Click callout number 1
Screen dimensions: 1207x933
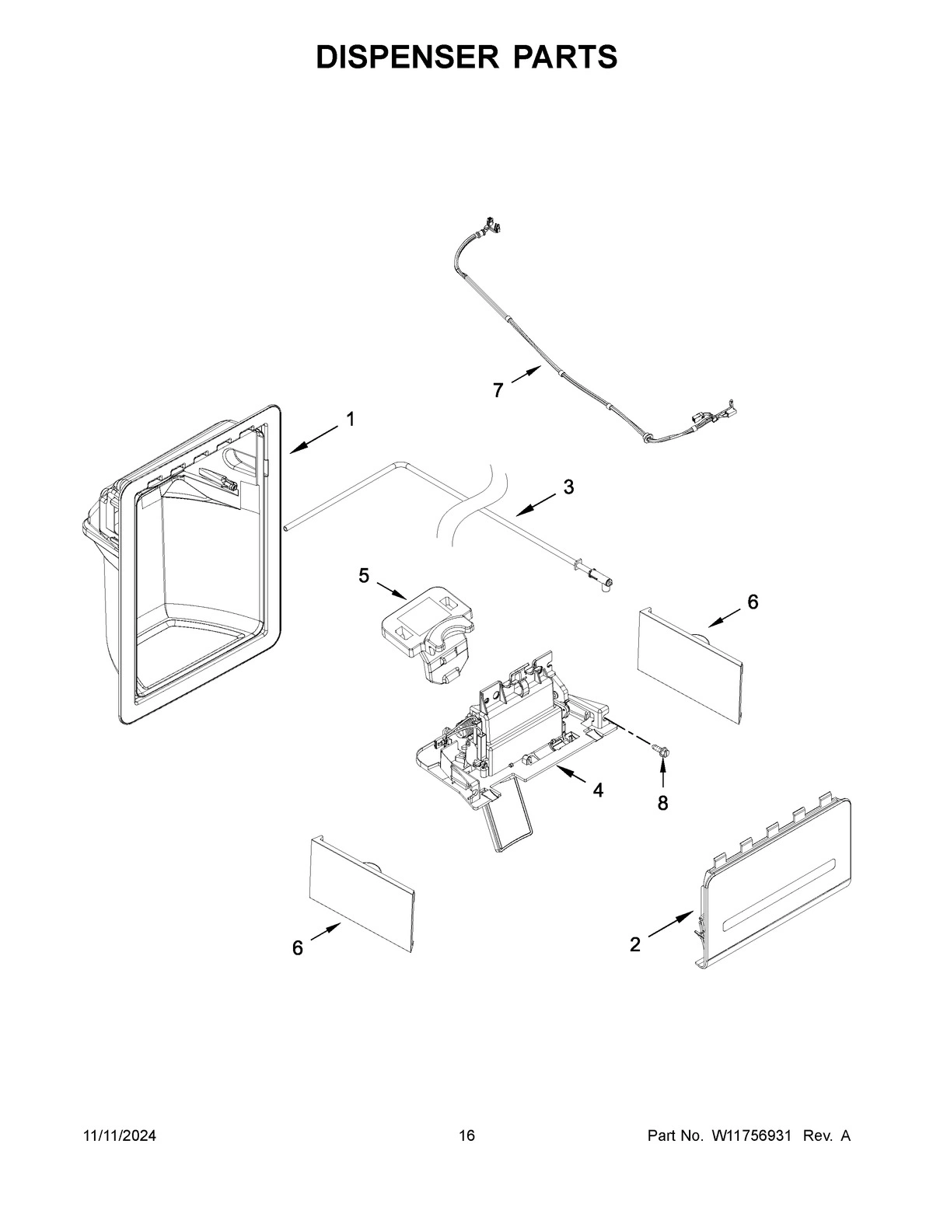[351, 420]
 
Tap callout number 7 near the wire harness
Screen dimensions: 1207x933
[498, 390]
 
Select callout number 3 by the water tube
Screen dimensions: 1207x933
[568, 487]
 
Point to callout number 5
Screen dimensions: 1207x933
[364, 576]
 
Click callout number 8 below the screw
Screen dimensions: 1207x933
[662, 804]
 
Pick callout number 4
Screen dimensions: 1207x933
[597, 790]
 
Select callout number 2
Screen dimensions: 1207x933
[635, 944]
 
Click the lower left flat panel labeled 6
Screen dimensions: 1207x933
[362, 894]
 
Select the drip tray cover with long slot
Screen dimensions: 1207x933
[777, 886]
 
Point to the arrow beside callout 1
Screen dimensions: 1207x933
[315, 438]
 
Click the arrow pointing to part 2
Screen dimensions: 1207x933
[669, 926]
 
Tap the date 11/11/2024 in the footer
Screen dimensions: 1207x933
[120, 1136]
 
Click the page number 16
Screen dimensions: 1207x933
[466, 1136]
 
